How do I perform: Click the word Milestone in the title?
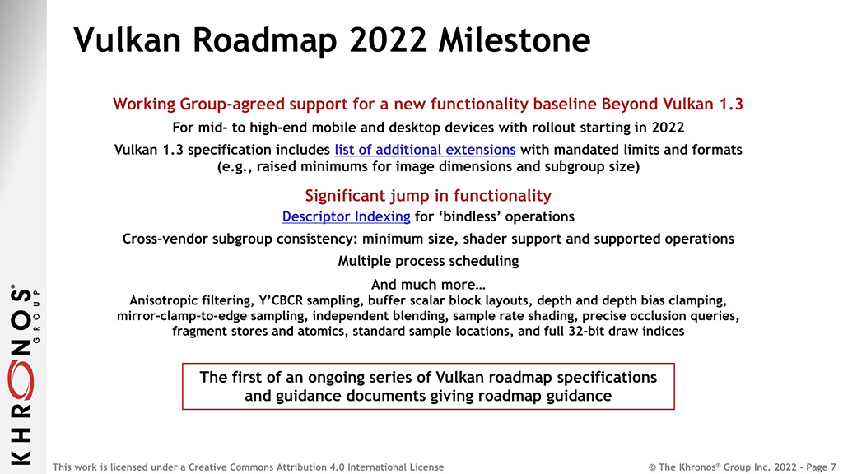pyautogui.click(x=514, y=39)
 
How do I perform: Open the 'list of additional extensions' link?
pyautogui.click(x=426, y=150)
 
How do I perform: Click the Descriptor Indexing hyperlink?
pyautogui.click(x=347, y=216)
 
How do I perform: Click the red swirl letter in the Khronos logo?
pyautogui.click(x=21, y=380)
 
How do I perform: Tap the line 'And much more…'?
pyautogui.click(x=428, y=284)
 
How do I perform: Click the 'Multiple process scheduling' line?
pyautogui.click(x=428, y=261)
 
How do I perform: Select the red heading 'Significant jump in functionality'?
pyautogui.click(x=428, y=195)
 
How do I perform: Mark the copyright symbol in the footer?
pyautogui.click(x=652, y=467)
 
